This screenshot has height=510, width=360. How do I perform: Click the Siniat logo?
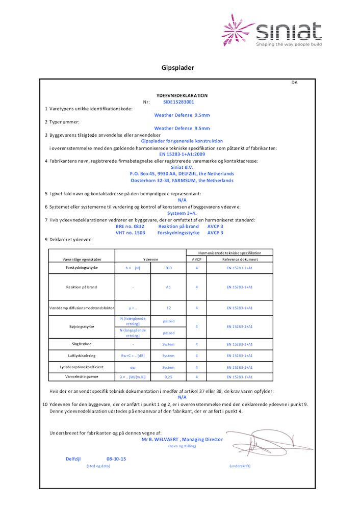[x=272, y=31]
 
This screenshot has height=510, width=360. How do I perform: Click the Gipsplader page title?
[x=178, y=68]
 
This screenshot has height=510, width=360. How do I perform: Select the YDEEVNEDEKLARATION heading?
[x=182, y=95]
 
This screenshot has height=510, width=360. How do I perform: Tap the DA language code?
[x=295, y=83]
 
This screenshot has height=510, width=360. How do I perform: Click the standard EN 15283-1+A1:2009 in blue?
[x=182, y=154]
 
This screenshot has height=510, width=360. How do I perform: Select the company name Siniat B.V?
[x=182, y=167]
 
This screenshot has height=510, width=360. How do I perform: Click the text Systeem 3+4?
[x=182, y=213]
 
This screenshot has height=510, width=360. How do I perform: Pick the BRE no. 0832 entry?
[x=130, y=226]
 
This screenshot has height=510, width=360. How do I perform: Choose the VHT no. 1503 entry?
[x=130, y=233]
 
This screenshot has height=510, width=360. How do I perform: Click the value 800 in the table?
[x=168, y=268]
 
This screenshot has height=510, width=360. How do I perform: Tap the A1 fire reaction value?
[x=168, y=287]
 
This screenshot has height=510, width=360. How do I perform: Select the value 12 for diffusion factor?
[x=168, y=308]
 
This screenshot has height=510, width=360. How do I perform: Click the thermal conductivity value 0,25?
[x=168, y=377]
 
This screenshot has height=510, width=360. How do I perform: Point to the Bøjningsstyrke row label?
[x=82, y=326]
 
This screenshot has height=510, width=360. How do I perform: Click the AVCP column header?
[x=196, y=260]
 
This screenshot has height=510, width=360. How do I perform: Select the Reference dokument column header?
[x=240, y=260]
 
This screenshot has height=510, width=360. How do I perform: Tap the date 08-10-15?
[x=116, y=459]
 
